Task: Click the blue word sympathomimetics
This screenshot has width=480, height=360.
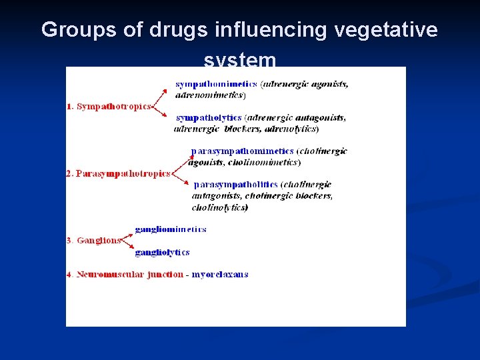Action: point(216,84)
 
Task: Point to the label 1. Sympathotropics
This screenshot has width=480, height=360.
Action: point(109,107)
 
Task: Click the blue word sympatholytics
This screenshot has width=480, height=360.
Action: point(208,117)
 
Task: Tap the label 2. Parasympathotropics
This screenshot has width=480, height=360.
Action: point(118,173)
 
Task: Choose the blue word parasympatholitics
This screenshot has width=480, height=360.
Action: point(235,185)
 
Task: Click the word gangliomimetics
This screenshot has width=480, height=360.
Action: point(170,229)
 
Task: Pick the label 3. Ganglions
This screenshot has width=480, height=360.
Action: point(94,240)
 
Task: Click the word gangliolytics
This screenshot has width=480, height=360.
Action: point(162,252)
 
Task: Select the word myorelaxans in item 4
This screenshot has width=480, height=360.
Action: point(220,274)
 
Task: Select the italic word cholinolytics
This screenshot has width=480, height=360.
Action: point(219,207)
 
